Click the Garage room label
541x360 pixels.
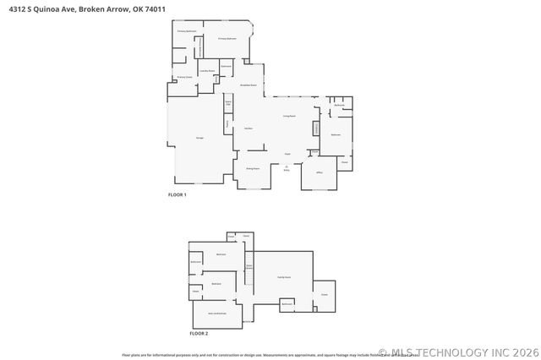click(199, 137)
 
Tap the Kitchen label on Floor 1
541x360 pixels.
click(249, 128)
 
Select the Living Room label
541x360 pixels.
click(288, 116)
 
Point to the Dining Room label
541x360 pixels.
click(252, 169)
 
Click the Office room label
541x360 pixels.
click(320, 172)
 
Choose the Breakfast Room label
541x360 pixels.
click(249, 85)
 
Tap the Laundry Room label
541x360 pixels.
click(206, 71)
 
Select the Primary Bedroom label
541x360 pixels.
click(226, 39)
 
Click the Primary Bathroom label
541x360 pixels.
click(187, 31)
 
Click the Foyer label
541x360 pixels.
click(287, 154)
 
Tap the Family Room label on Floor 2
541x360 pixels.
click(284, 277)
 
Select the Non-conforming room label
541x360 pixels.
click(217, 313)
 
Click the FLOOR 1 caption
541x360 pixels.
click(177, 195)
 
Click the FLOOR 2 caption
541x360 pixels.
click(198, 334)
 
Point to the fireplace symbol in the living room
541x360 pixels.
click(316, 128)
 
